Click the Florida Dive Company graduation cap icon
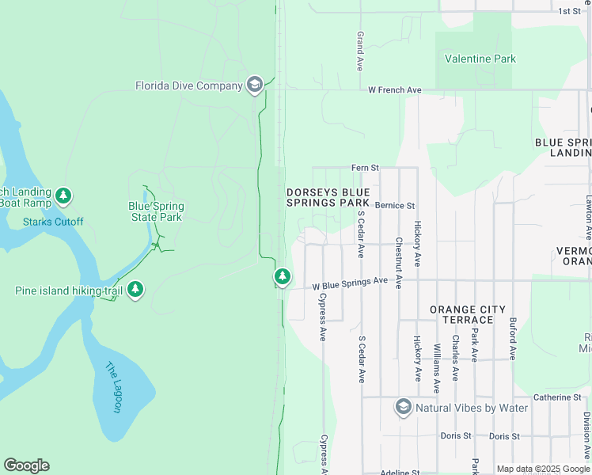pyautogui.click(x=255, y=85)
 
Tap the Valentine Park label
pyautogui.click(x=480, y=59)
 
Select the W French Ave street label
pyautogui.click(x=395, y=90)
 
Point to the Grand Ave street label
pyautogui.click(x=360, y=49)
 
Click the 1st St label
pyautogui.click(x=569, y=11)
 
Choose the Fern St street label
pyautogui.click(x=366, y=168)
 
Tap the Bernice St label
pyautogui.click(x=395, y=206)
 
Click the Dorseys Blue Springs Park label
pyautogui.click(x=328, y=197)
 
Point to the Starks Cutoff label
pyautogui.click(x=53, y=222)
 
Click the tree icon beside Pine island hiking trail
pyautogui.click(x=136, y=291)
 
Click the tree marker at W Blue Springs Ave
pyautogui.click(x=282, y=276)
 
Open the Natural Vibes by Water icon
pyautogui.click(x=404, y=408)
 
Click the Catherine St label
pyautogui.click(x=556, y=397)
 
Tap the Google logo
pyautogui.click(x=26, y=465)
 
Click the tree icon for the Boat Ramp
pyautogui.click(x=64, y=195)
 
